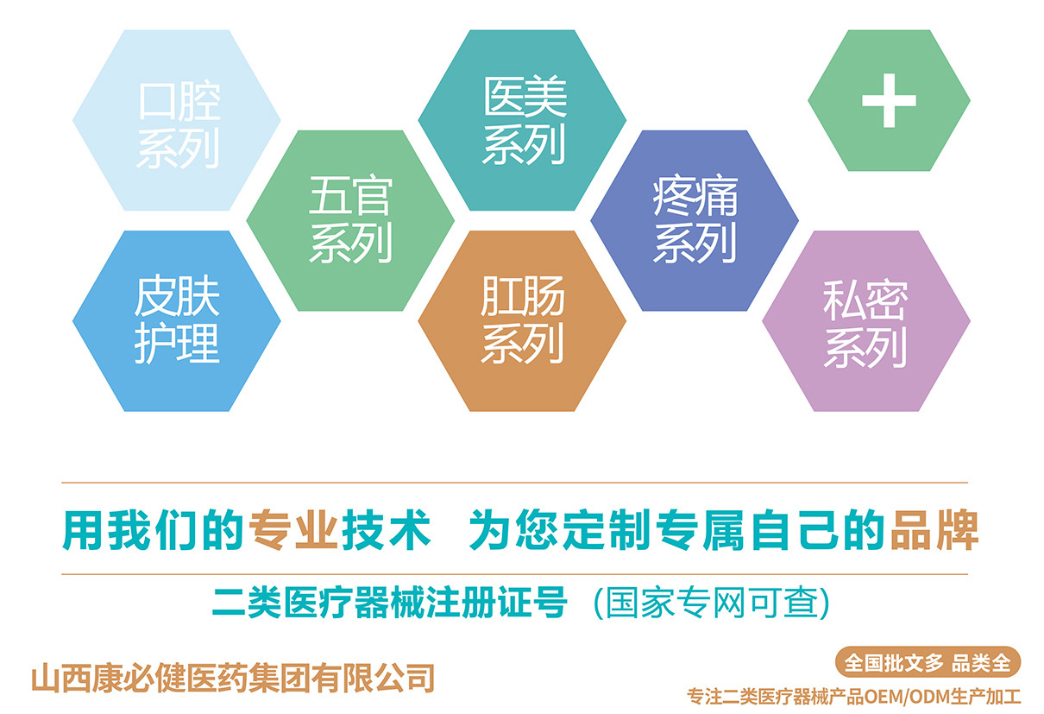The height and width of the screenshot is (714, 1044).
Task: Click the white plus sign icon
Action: pyautogui.click(x=890, y=100)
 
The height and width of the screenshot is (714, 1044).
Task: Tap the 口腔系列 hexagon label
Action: pyautogui.click(x=179, y=125)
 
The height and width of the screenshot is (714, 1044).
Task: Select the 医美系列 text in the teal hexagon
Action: pyautogui.click(x=525, y=121)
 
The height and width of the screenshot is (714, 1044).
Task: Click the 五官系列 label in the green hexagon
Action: pyautogui.click(x=350, y=219)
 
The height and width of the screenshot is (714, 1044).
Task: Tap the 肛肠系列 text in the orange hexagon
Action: pyautogui.click(x=523, y=320)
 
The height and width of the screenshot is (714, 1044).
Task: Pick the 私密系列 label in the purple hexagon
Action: pyautogui.click(x=865, y=324)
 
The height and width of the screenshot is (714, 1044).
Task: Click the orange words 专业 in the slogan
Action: pyautogui.click(x=293, y=530)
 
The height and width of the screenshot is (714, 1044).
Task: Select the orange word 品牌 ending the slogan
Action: pyautogui.click(x=934, y=530)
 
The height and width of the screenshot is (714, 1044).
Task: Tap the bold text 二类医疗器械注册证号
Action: pyautogui.click(x=390, y=603)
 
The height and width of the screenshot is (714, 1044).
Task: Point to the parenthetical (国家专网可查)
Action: pyautogui.click(x=712, y=603)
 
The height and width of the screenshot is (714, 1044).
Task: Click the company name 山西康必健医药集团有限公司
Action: pyautogui.click(x=233, y=678)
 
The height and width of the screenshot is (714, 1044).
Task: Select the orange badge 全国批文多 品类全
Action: pyautogui.click(x=928, y=662)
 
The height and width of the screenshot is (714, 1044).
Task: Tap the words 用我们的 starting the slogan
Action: pyautogui.click(x=154, y=530)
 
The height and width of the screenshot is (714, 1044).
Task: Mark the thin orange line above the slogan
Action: pyautogui.click(x=514, y=483)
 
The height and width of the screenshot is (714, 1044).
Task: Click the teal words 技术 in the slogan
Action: pyautogui.click(x=387, y=530)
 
